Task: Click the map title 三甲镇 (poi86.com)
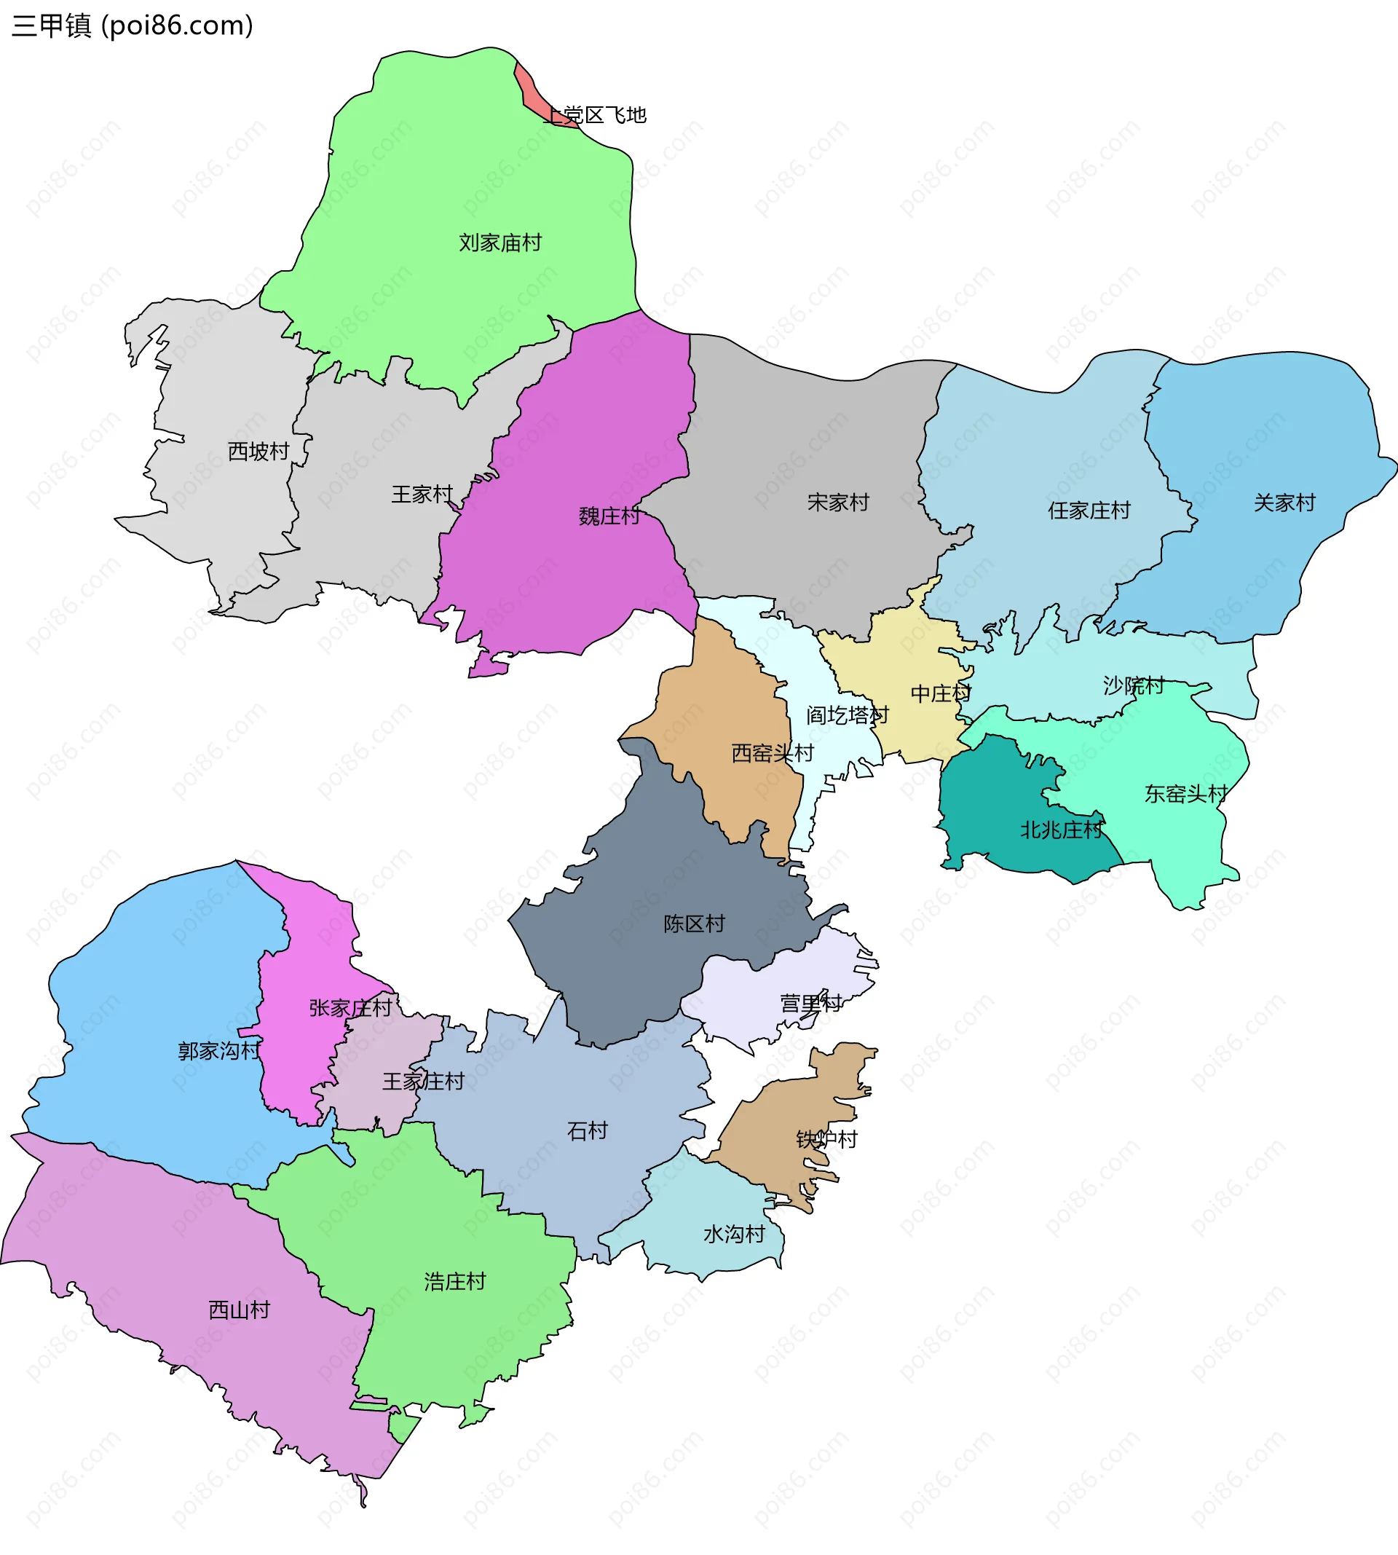pyautogui.click(x=132, y=26)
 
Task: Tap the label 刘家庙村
pyautogui.click(x=500, y=243)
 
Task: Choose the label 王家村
pyautogui.click(x=422, y=494)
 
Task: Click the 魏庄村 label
pyautogui.click(x=609, y=516)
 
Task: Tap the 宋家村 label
pyautogui.click(x=838, y=503)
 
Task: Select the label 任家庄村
pyautogui.click(x=1089, y=510)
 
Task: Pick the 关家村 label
pyautogui.click(x=1284, y=503)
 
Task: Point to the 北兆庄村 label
pyautogui.click(x=1062, y=830)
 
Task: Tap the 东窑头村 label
pyautogui.click(x=1186, y=794)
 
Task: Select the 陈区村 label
pyautogui.click(x=695, y=924)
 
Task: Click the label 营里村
pyautogui.click(x=811, y=1004)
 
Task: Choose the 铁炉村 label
pyautogui.click(x=826, y=1139)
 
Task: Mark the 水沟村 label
pyautogui.click(x=735, y=1234)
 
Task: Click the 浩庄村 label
pyautogui.click(x=455, y=1281)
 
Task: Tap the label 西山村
pyautogui.click(x=240, y=1310)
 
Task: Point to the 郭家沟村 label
pyautogui.click(x=220, y=1051)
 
